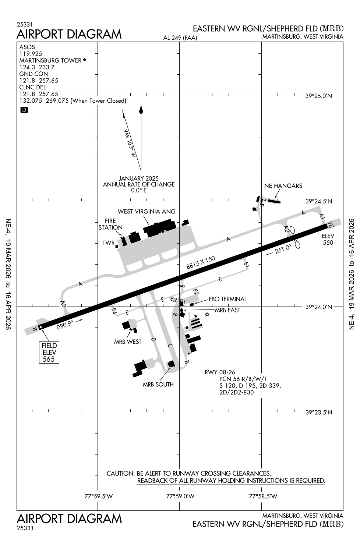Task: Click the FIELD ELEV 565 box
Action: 49,352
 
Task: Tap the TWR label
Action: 108,243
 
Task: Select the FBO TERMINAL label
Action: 227,299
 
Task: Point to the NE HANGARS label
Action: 283,186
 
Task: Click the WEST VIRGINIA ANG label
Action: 147,212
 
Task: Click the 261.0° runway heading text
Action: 283,250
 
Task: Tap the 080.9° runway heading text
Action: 65,324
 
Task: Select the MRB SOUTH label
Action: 158,385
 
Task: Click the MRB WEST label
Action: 128,342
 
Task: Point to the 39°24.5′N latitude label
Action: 319,201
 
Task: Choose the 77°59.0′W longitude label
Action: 180,496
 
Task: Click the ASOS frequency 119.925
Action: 31,54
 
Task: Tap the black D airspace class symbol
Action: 24,110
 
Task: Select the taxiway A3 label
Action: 63,304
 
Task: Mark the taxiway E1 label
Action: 247,265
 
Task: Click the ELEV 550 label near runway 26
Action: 328,239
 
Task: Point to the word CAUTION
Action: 120,473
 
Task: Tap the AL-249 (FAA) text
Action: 180,38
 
